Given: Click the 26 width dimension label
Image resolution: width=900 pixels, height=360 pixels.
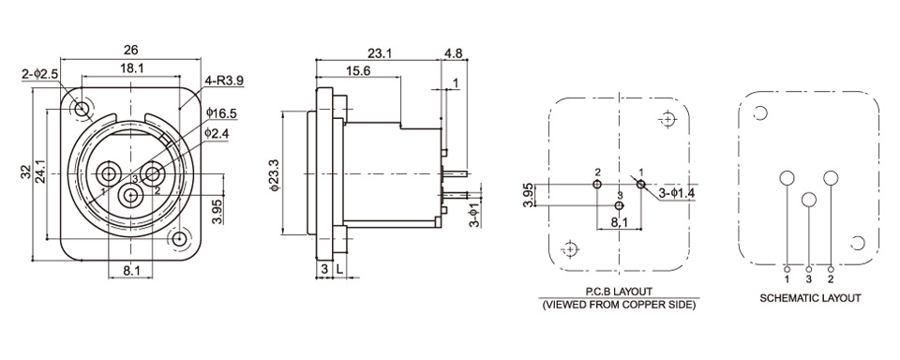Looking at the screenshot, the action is tap(131, 50).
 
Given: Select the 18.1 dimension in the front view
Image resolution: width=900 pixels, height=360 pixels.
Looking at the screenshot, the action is tap(131, 68).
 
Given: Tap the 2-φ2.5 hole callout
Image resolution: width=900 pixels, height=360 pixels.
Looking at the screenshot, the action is tap(40, 74).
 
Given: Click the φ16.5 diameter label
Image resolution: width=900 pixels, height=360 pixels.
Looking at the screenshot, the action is tap(221, 112).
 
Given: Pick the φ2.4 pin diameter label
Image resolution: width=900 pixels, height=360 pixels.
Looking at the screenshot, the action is tap(217, 132).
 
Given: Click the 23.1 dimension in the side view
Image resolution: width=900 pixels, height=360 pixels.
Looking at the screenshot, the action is tap(380, 53).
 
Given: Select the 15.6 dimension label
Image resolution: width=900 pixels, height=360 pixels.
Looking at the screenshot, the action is tap(357, 70).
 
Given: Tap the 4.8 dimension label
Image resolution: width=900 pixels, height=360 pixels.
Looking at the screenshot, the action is tap(454, 53).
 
